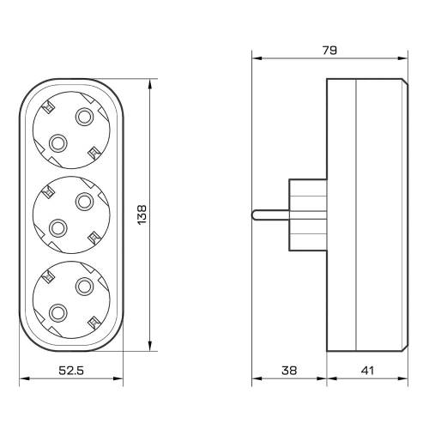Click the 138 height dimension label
(142, 214)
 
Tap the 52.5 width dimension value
(71, 371)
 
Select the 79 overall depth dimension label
(329, 51)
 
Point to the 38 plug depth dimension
(289, 371)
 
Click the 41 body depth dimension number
(367, 371)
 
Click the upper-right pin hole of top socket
(84, 117)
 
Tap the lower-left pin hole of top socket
(58, 143)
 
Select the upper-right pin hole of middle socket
(84, 202)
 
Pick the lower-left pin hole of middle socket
(58, 228)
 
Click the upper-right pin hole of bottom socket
(84, 287)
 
